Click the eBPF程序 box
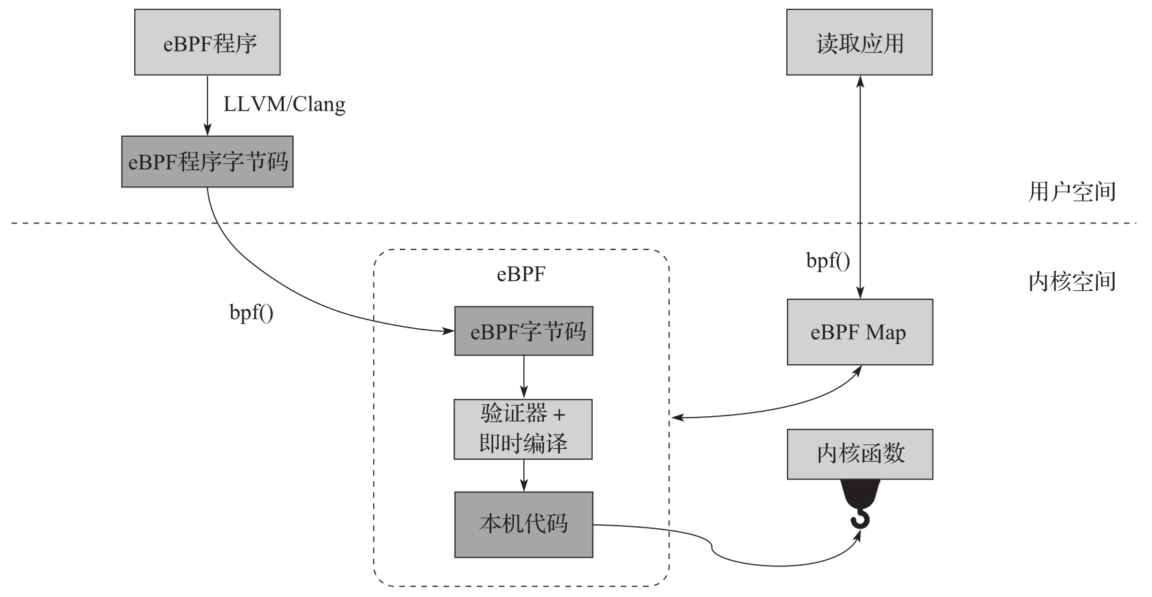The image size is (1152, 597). click(207, 42)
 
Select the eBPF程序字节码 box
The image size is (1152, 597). click(207, 162)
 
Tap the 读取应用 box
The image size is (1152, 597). click(859, 42)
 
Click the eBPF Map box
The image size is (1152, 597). click(860, 332)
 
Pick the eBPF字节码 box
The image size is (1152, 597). click(523, 331)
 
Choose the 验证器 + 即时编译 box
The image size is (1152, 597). click(523, 429)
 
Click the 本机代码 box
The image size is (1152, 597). click(523, 524)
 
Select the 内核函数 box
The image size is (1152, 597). click(860, 454)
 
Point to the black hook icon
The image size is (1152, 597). click(860, 504)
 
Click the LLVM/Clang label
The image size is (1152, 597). click(284, 105)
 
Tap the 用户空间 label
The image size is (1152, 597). click(1072, 192)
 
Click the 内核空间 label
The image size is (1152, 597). click(1072, 281)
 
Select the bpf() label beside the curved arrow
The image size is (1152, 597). click(251, 313)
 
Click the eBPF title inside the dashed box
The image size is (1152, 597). click(521, 274)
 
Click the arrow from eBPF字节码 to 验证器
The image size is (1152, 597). click(523, 377)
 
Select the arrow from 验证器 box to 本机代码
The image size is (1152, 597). click(523, 475)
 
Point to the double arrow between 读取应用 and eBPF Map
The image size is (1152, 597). click(860, 187)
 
